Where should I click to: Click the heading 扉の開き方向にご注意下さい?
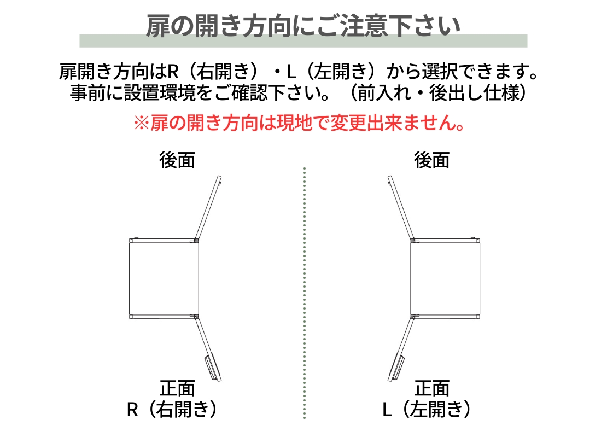tap(303, 26)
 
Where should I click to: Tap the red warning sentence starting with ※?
tap(299, 123)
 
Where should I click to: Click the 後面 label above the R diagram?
tap(177, 160)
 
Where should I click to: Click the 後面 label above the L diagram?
tap(431, 160)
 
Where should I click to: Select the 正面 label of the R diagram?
tap(177, 388)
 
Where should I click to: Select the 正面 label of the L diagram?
tap(431, 388)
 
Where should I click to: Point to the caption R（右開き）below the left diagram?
tap(172, 409)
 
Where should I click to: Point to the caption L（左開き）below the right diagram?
tap(427, 409)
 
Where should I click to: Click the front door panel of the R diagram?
tap(208, 348)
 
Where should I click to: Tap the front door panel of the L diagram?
tap(401, 348)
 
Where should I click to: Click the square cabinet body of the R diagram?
tap(164, 278)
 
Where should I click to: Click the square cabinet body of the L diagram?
tap(445, 278)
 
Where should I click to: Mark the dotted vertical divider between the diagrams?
tap(305, 293)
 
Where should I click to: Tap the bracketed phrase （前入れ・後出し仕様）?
tap(438, 92)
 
